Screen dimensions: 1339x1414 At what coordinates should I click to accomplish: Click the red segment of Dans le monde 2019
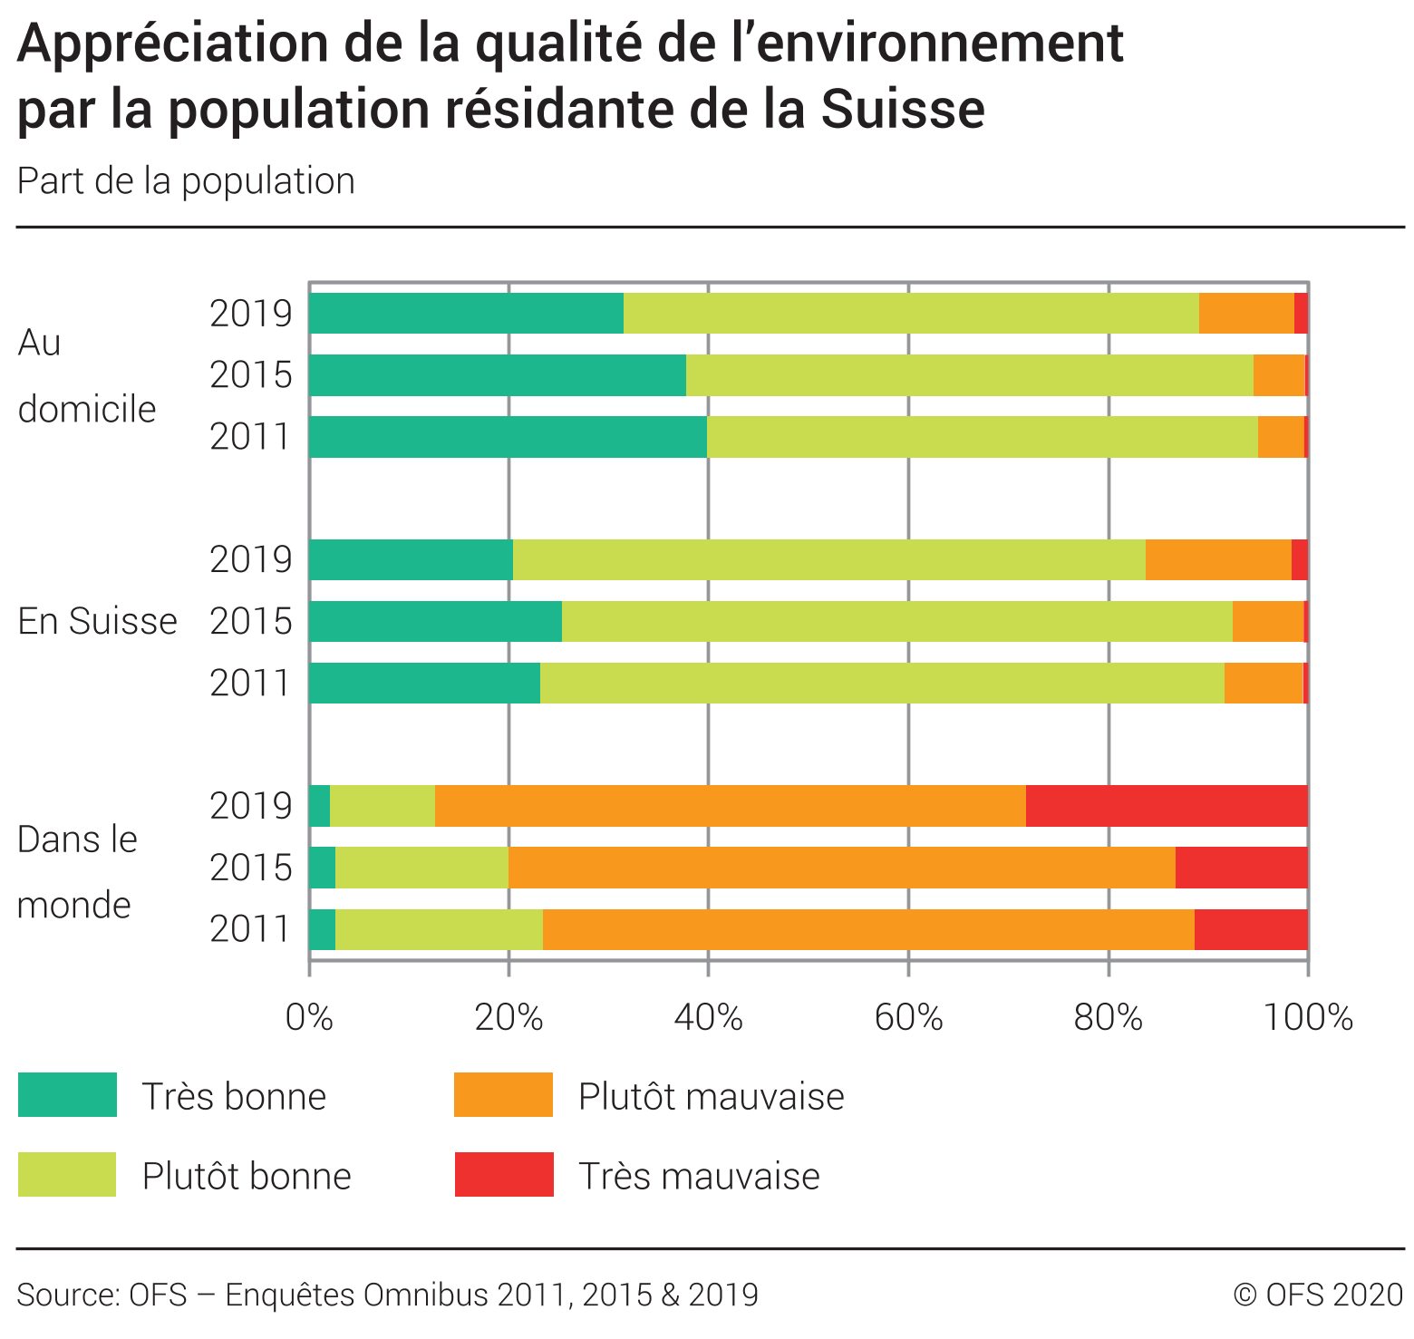click(x=1167, y=806)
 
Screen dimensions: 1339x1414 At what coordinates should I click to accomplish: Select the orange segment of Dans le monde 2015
click(x=841, y=868)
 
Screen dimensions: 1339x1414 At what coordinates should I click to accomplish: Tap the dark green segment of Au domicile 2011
click(x=508, y=437)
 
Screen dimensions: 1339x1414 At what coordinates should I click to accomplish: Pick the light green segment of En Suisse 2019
click(x=828, y=559)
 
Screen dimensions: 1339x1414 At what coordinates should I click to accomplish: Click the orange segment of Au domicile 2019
click(x=1246, y=314)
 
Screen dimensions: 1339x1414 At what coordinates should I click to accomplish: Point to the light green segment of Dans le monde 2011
click(x=439, y=929)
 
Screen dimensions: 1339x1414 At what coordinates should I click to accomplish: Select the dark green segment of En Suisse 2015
click(x=435, y=621)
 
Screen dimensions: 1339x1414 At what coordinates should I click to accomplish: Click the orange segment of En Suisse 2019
click(x=1218, y=559)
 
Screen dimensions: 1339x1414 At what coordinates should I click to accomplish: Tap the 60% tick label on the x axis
click(x=908, y=1019)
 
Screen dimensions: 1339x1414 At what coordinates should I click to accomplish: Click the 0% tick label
click(x=309, y=1019)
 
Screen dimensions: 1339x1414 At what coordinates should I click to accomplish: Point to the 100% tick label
click(x=1307, y=1019)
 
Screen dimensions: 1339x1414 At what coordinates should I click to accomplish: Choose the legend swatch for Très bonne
click(x=67, y=1095)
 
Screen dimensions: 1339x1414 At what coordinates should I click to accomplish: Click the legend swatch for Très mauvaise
click(x=504, y=1175)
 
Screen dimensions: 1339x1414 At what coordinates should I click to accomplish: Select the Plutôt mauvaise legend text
click(x=711, y=1097)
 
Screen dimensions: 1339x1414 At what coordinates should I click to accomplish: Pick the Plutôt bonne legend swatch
click(x=67, y=1175)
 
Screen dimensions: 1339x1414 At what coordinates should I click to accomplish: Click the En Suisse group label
click(x=97, y=622)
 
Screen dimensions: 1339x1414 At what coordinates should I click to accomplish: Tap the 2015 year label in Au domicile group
click(x=251, y=375)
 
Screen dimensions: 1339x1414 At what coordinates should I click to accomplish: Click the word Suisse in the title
click(x=903, y=109)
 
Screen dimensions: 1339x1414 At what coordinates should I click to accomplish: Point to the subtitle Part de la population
click(x=186, y=181)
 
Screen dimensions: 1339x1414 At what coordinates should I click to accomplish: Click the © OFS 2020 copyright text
click(x=1317, y=1295)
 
